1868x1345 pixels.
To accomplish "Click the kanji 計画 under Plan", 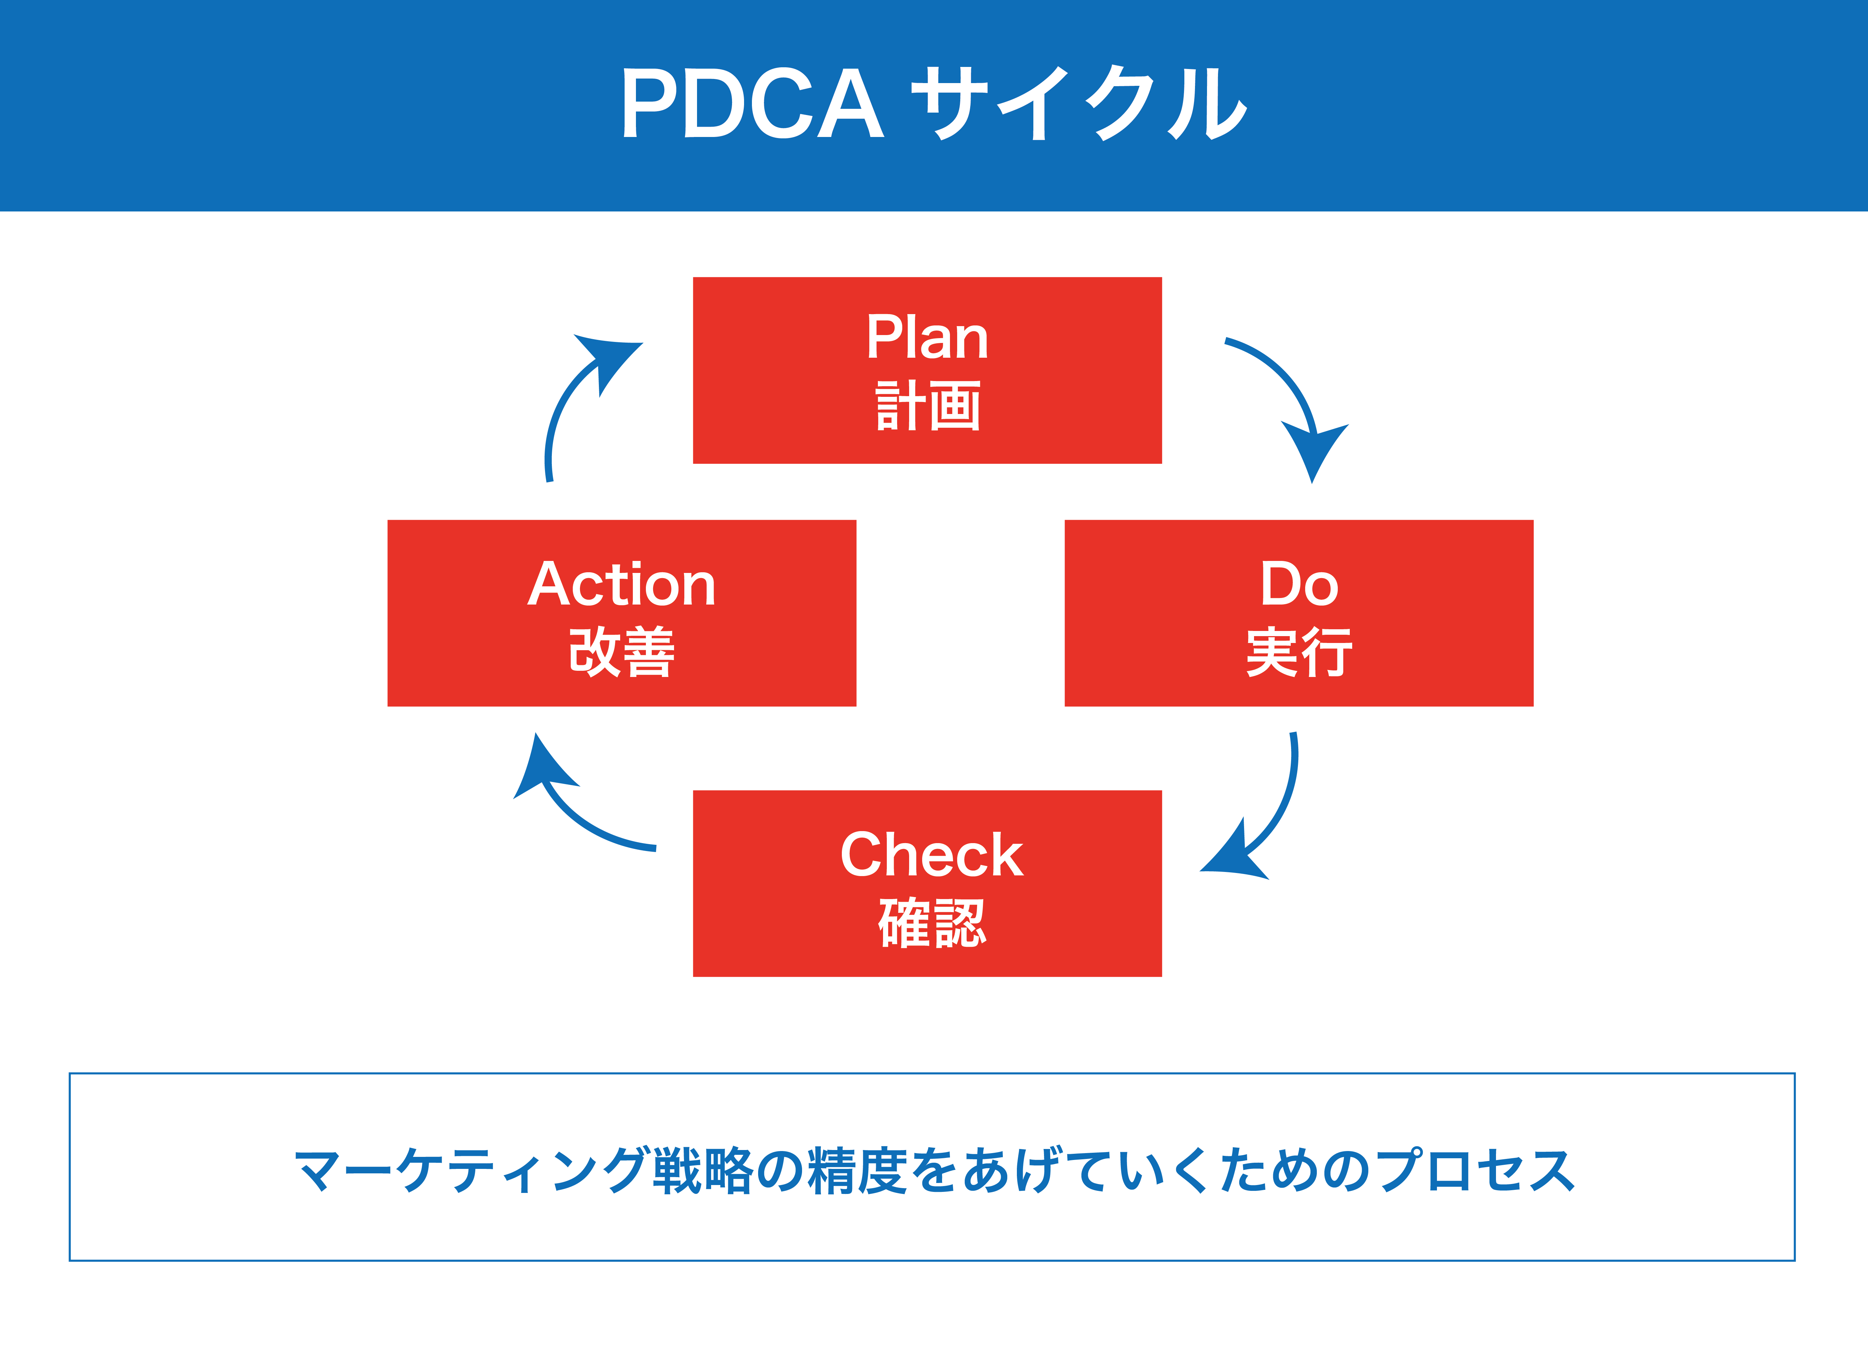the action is point(927,406).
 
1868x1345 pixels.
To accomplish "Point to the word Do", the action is point(1299,583).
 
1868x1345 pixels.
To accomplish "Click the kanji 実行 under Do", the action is point(1299,652).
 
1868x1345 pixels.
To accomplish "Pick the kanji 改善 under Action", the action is point(622,652).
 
